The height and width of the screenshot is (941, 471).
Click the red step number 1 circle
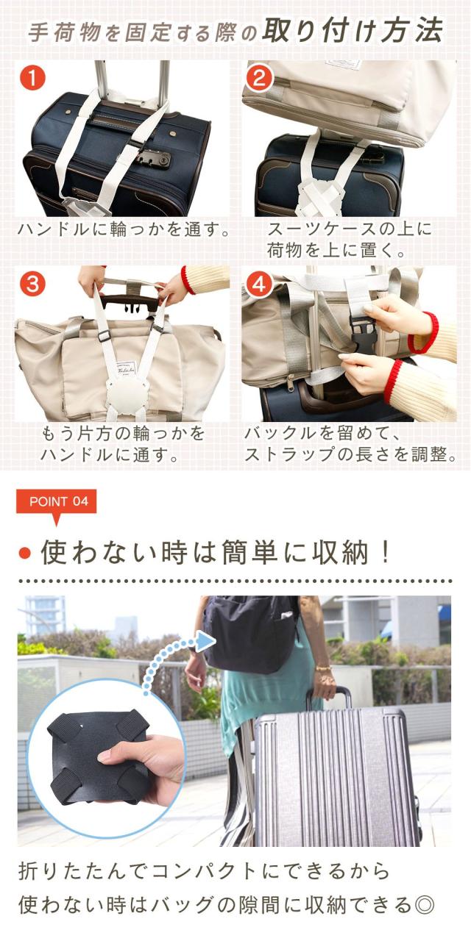tap(32, 78)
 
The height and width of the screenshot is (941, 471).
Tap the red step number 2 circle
tap(259, 78)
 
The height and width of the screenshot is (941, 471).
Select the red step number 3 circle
tap(32, 284)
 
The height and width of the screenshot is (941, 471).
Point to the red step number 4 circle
tap(259, 284)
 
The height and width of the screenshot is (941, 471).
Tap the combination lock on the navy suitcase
tap(154, 160)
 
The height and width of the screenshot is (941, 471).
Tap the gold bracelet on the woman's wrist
tap(323, 668)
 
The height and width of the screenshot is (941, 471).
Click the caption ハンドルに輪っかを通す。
tap(124, 230)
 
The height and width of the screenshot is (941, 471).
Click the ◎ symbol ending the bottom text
tap(423, 904)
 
